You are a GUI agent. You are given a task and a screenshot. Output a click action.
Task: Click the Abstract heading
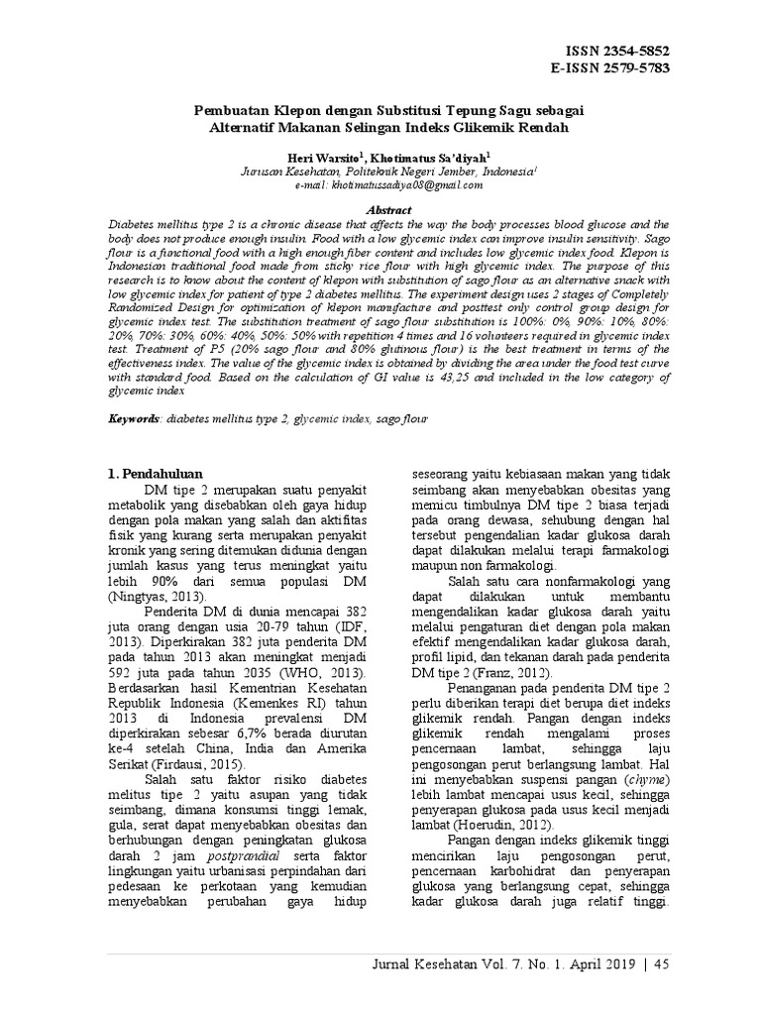(x=380, y=211)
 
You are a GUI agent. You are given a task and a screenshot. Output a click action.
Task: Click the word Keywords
(x=134, y=420)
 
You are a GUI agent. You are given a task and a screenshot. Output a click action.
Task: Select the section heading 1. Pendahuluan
(x=162, y=474)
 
